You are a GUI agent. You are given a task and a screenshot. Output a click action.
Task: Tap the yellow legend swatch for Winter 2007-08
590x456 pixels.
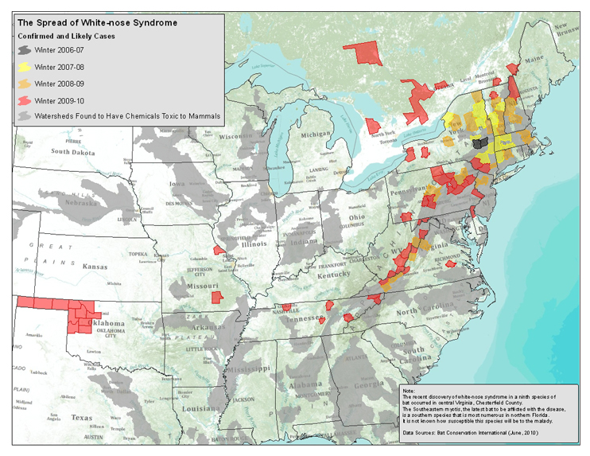tap(25, 66)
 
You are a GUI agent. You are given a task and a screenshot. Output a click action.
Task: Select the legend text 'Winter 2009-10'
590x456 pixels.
tap(64, 99)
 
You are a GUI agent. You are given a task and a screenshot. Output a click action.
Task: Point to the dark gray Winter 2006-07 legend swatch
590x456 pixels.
tap(25, 49)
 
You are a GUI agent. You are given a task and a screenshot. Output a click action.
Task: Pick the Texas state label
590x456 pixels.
tap(82, 416)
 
